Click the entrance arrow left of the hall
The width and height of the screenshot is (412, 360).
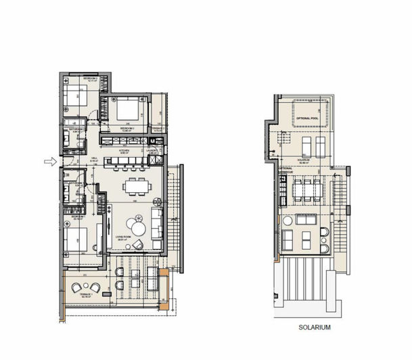coord(50,161)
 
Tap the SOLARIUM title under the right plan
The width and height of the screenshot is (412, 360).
coord(315,328)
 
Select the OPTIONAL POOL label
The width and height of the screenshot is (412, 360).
coord(308,118)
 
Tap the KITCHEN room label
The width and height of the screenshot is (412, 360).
coord(124,151)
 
